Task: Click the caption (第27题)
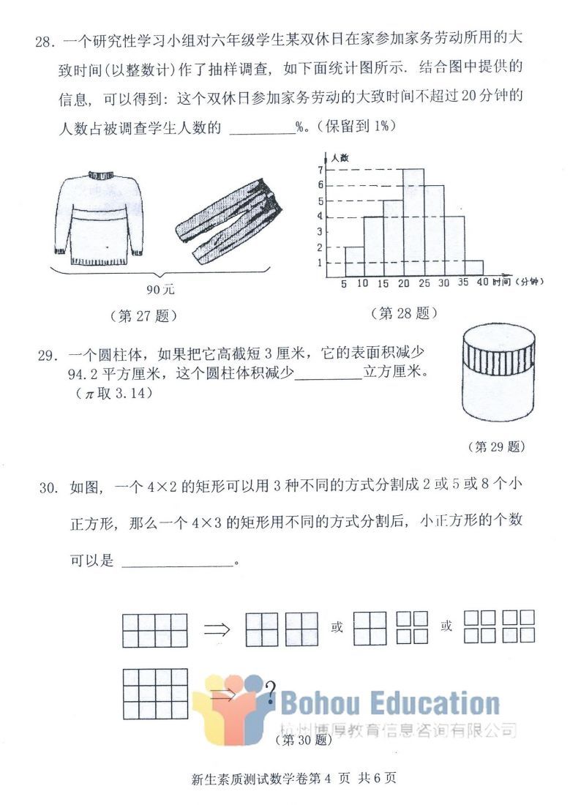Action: [144, 316]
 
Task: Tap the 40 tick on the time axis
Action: [481, 284]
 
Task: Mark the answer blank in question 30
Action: [176, 562]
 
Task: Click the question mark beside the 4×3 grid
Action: [270, 690]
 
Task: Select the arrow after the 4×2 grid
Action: [217, 629]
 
